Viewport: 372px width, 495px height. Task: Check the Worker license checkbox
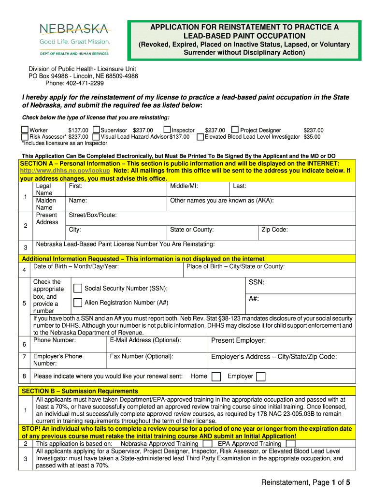tap(25, 130)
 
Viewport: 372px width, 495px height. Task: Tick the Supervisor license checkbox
tap(96, 130)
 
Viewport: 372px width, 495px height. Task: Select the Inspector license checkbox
tap(167, 130)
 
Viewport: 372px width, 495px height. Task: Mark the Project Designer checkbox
tap(235, 130)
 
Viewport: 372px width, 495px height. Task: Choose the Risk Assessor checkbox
tap(25, 137)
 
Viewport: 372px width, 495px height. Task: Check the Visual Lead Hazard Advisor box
tap(96, 137)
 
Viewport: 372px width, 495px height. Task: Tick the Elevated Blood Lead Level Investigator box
tap(200, 137)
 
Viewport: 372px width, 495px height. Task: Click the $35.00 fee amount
tap(314, 137)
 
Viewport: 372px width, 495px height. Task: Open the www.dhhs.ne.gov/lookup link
tap(65, 171)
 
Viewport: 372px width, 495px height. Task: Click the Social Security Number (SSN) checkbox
tap(77, 289)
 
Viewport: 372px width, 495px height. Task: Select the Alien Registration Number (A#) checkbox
tap(77, 303)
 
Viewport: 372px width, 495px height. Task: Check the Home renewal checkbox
tap(217, 377)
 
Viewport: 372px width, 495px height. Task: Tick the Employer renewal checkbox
tap(261, 377)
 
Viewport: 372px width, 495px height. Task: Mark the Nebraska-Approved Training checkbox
tap(208, 443)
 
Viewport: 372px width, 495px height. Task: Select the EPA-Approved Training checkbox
tap(291, 443)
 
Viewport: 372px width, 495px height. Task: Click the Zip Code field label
tap(274, 230)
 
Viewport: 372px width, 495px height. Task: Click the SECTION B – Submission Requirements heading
tap(80, 391)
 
